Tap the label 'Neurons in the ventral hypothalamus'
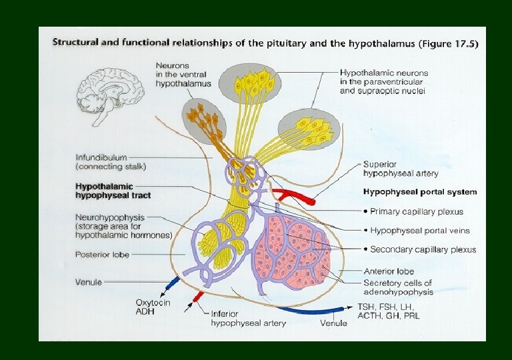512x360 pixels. pos(183,75)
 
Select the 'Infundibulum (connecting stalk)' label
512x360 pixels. pos(111,162)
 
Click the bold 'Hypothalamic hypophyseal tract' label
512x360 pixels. pos(113,191)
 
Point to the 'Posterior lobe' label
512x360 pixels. pos(103,255)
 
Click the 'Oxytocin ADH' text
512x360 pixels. pos(153,307)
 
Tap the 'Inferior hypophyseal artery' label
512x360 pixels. pos(248,319)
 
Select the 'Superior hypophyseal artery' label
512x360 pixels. pos(401,169)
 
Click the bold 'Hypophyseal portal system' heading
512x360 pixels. pos(419,192)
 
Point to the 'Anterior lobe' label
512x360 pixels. pos(389,271)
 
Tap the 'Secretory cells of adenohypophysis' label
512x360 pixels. pos(398,287)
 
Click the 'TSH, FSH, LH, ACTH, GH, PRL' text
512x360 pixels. pos(389,311)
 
